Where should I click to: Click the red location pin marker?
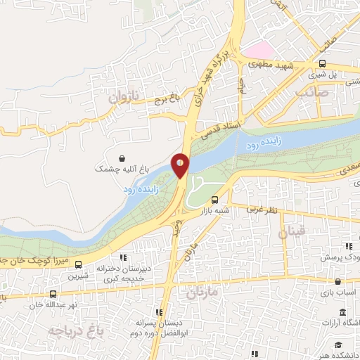[181, 165]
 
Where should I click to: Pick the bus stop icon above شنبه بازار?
[215, 198]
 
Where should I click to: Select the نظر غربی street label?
[264, 210]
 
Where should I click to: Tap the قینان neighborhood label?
[292, 232]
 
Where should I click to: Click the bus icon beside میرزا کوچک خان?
[78, 265]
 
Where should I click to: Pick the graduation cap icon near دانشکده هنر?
[339, 344]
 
